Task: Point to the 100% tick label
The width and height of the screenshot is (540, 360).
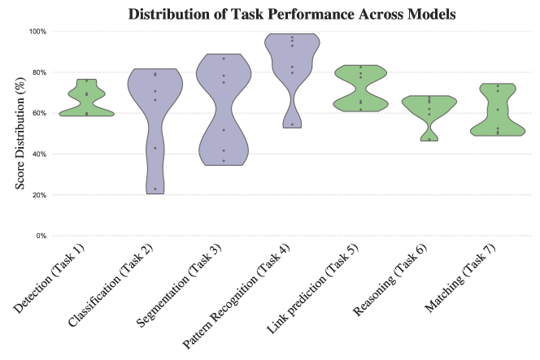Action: click(37, 31)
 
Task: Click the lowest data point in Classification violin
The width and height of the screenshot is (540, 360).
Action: click(155, 189)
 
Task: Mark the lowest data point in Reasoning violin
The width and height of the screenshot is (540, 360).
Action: click(429, 139)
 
